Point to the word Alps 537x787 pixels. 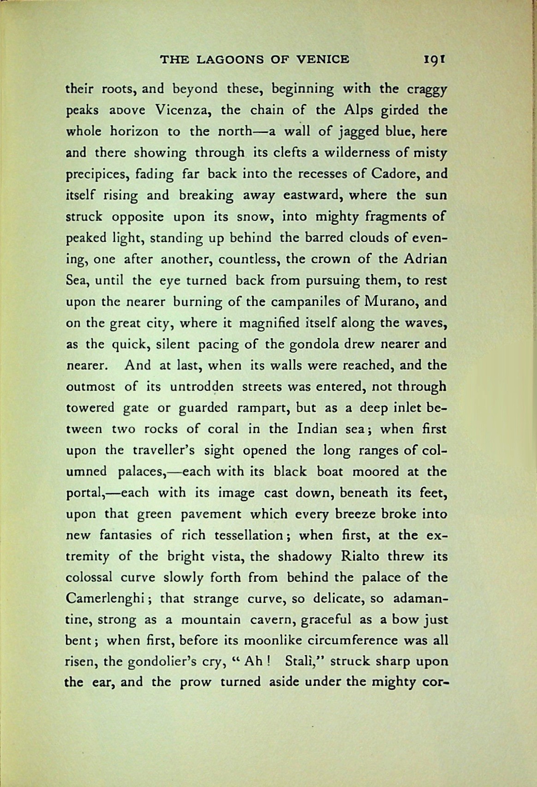(x=358, y=111)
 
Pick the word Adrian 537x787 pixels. (x=425, y=259)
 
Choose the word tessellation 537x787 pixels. (x=249, y=535)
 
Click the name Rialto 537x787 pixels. (x=359, y=556)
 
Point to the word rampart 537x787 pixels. (x=263, y=408)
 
